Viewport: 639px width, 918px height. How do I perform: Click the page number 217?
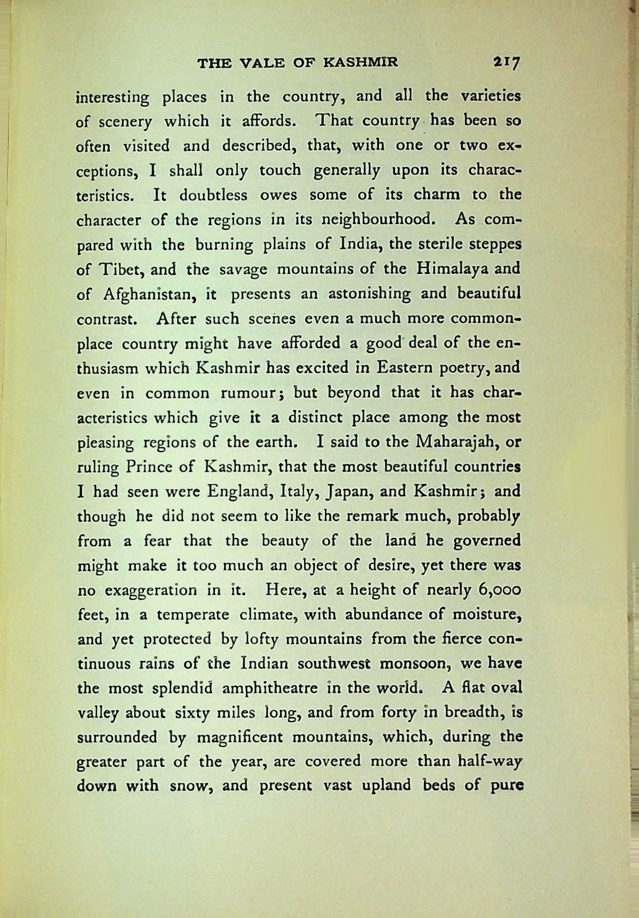tap(507, 63)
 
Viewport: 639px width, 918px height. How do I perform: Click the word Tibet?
tap(119, 270)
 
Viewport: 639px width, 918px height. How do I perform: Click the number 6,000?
tap(499, 590)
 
